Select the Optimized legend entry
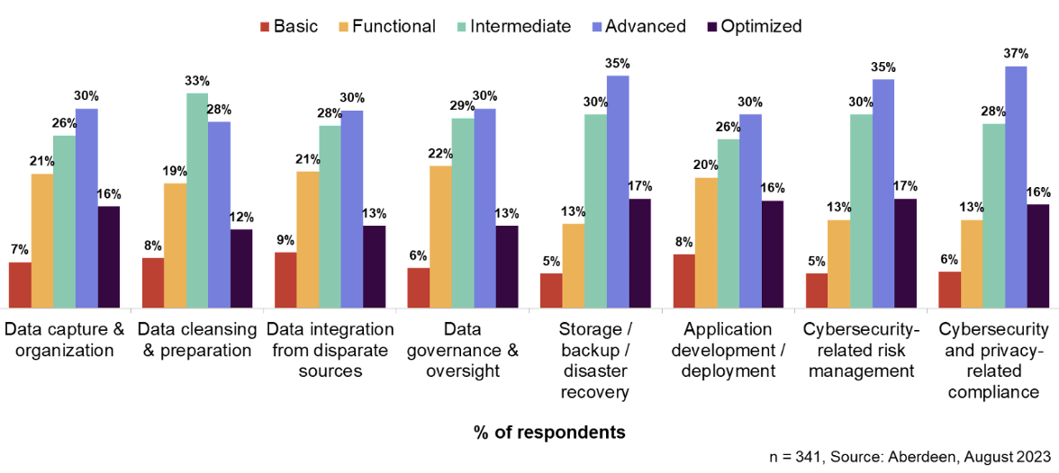pyautogui.click(x=751, y=26)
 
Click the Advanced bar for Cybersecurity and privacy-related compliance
pyautogui.click(x=1016, y=187)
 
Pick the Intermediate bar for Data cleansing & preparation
pyautogui.click(x=197, y=201)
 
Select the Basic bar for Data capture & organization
pyautogui.click(x=20, y=285)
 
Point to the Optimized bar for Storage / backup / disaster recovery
pyautogui.click(x=640, y=253)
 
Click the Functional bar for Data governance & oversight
pyautogui.click(x=441, y=236)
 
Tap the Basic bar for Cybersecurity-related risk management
pyautogui.click(x=817, y=290)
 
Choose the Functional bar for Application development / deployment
pyautogui.click(x=707, y=243)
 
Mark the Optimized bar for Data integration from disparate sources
pyautogui.click(x=375, y=266)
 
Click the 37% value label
pyautogui.click(x=1016, y=54)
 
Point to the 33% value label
pyautogui.click(x=197, y=81)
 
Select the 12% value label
pyautogui.click(x=241, y=218)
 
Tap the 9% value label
pyautogui.click(x=285, y=240)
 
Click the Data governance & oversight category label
pyautogui.click(x=463, y=350)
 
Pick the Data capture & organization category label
pyautogui.click(x=65, y=340)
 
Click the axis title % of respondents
pyautogui.click(x=549, y=433)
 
